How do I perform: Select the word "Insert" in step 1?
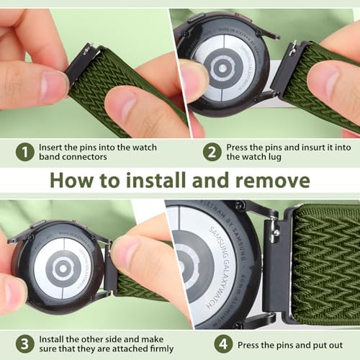(x=54, y=147)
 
